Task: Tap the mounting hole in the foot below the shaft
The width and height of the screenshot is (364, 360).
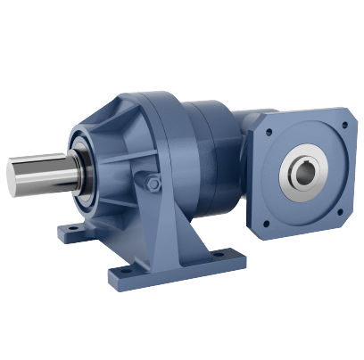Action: [x=67, y=235]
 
